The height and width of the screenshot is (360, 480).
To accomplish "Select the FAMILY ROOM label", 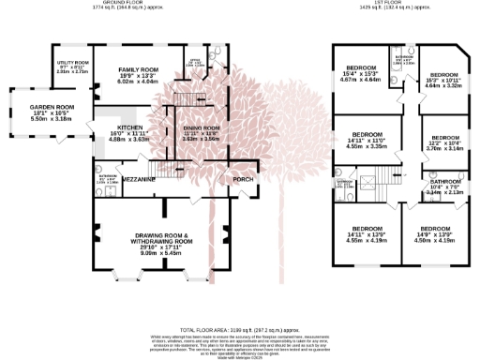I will coord(137,70).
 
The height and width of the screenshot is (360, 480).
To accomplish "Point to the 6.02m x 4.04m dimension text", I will coord(137,82).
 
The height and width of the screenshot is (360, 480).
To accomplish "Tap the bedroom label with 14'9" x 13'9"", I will coord(436,228).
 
